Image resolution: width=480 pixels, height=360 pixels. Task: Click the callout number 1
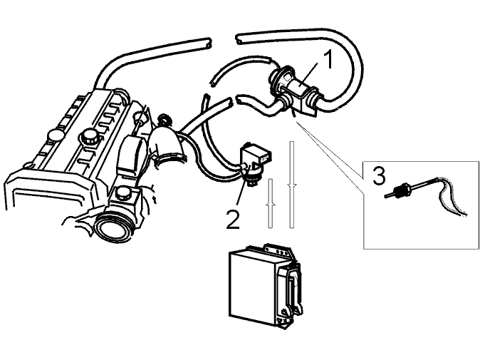click(x=328, y=60)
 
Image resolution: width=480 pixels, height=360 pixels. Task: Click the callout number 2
click(x=233, y=220)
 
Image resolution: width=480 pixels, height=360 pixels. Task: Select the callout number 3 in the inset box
click(x=379, y=175)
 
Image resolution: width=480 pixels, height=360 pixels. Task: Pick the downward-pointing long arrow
click(x=292, y=185)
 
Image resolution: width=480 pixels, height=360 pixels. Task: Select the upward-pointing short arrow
click(x=271, y=203)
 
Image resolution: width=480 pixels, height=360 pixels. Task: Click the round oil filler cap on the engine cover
click(x=90, y=136)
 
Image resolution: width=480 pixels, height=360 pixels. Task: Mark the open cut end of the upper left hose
click(x=208, y=43)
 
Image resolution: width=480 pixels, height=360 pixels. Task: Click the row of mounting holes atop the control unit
click(x=278, y=251)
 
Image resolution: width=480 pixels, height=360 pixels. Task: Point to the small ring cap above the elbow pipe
click(x=164, y=120)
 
